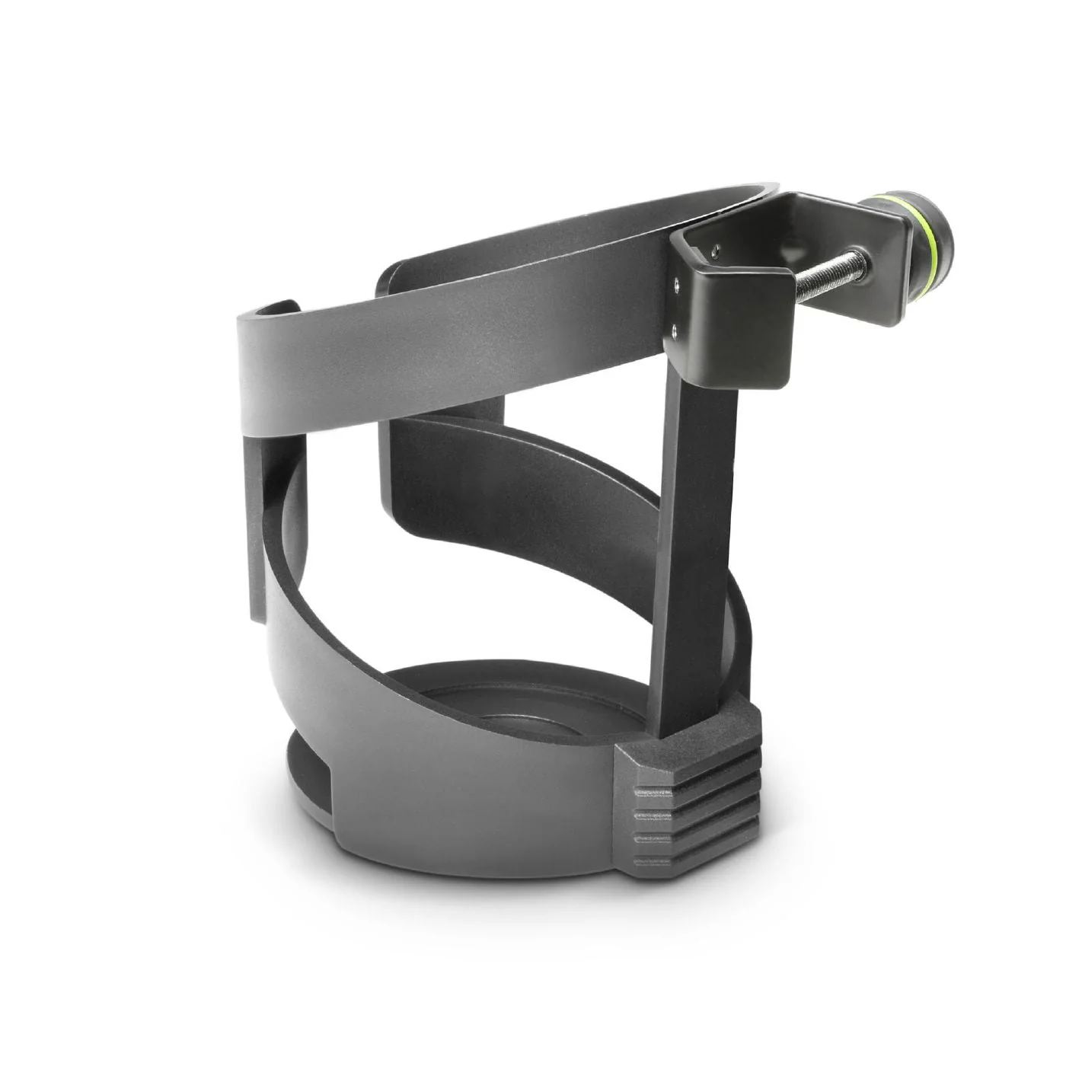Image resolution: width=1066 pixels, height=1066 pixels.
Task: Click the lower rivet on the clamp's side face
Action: coord(675,329)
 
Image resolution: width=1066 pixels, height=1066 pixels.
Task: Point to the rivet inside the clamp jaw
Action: coord(715,248)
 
